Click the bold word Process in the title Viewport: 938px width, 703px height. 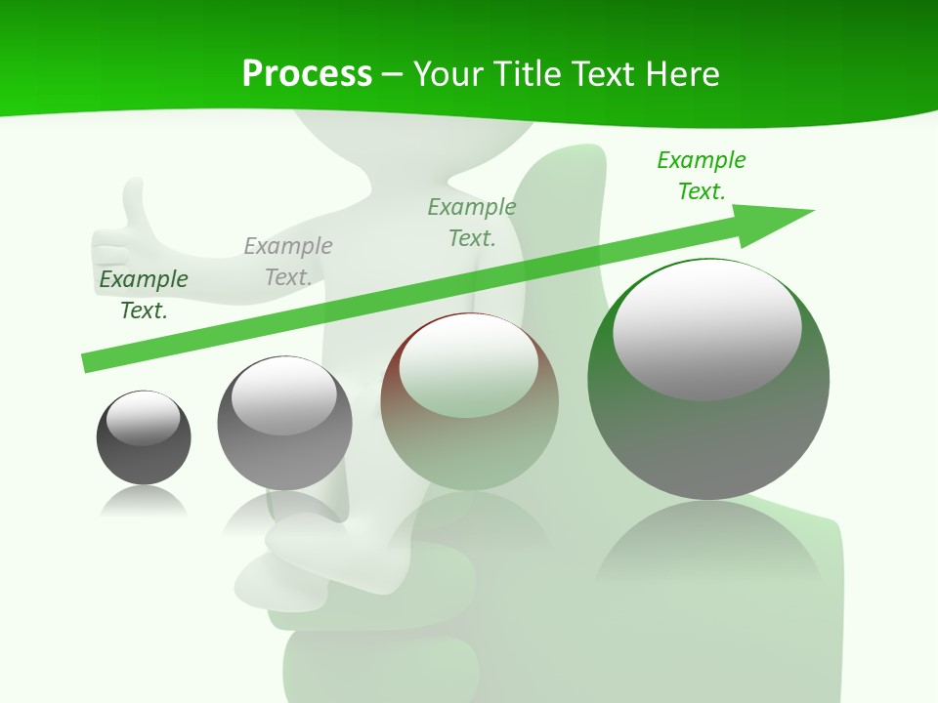coord(307,74)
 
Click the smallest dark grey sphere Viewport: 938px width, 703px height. coord(144,437)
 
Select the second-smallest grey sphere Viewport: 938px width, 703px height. coord(284,423)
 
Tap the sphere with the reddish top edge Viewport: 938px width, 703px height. coord(470,401)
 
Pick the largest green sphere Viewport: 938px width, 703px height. coord(708,379)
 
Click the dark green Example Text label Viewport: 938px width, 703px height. coord(144,294)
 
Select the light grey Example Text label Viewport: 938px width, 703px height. coord(288,261)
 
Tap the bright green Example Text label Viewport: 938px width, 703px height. coord(702,175)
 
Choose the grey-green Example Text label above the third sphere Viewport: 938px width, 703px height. coord(472,222)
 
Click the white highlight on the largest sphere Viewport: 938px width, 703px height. coord(706,328)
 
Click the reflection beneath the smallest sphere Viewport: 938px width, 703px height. coord(144,502)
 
